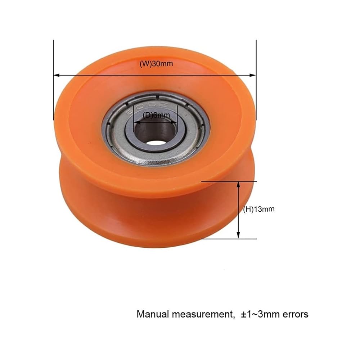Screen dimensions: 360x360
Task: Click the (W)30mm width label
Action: [x=156, y=64]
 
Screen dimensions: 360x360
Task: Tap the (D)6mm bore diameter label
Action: [x=156, y=115]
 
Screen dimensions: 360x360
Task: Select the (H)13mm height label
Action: [x=259, y=209]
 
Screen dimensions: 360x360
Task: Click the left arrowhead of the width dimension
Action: [x=57, y=75]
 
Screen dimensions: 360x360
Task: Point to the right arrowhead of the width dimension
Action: [x=253, y=75]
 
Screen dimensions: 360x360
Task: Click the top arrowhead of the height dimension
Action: [x=238, y=185]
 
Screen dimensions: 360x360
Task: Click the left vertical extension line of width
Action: [x=54, y=80]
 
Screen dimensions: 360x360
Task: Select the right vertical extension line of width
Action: [x=256, y=80]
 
